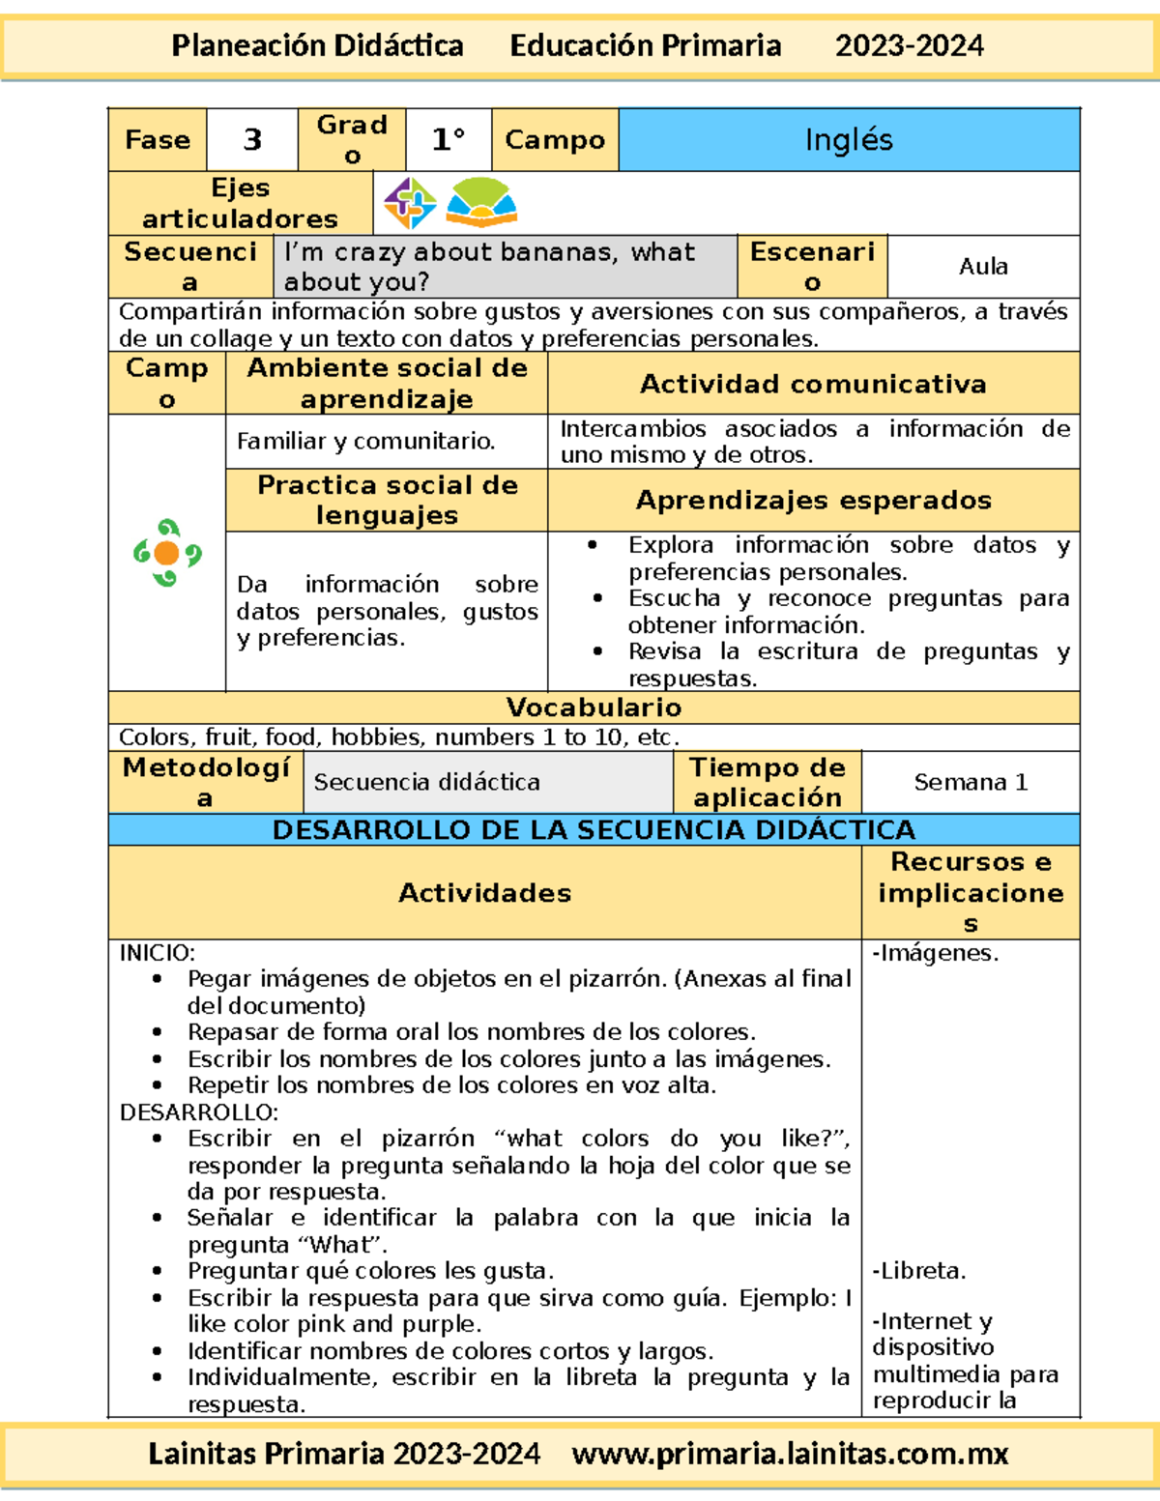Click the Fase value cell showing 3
(x=251, y=140)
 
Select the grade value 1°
(x=449, y=140)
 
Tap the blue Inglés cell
(x=849, y=140)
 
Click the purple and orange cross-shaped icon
(x=410, y=203)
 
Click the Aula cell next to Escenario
(x=983, y=267)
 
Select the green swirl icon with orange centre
(x=167, y=553)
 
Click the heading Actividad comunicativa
(x=813, y=384)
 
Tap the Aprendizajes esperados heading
(x=813, y=500)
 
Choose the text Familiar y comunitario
(x=365, y=442)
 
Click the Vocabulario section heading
(x=594, y=707)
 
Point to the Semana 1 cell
(x=971, y=782)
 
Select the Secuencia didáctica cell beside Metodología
(x=426, y=782)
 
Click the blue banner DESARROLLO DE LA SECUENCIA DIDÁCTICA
(x=594, y=829)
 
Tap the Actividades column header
(x=484, y=893)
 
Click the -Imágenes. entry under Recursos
(x=935, y=953)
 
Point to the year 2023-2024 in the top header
(x=909, y=45)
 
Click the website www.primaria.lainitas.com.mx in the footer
(x=790, y=1454)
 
